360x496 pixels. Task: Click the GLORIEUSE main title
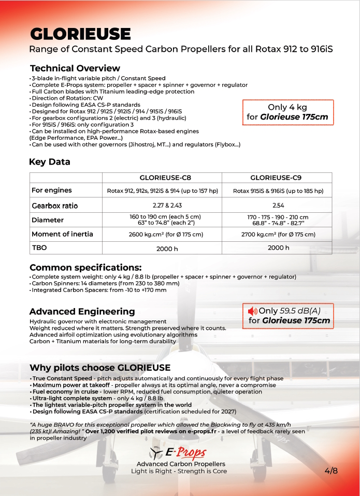(80, 34)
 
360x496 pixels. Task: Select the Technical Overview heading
(75, 68)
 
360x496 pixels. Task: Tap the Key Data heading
(50, 162)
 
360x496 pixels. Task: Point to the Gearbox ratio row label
(55, 206)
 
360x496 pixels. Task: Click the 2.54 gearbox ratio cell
(278, 206)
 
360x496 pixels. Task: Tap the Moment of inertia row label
(62, 234)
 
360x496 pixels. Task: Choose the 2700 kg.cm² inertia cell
(278, 235)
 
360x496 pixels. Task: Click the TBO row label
(40, 247)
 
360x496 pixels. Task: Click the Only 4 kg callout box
(287, 112)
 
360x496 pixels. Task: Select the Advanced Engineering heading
(82, 312)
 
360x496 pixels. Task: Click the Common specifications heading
(85, 268)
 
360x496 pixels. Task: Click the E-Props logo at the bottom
(178, 453)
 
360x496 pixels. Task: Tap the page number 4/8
(331, 471)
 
